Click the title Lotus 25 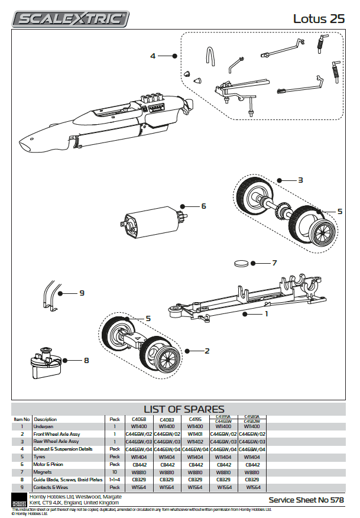(x=319, y=18)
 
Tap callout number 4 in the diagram (x=153, y=56)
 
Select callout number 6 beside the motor (x=203, y=206)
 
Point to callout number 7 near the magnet (x=274, y=263)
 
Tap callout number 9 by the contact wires (x=82, y=293)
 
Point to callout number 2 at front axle (x=207, y=351)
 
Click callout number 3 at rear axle (x=300, y=180)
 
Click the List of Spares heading (x=184, y=409)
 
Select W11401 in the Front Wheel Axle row (x=194, y=434)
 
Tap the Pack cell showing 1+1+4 (x=114, y=480)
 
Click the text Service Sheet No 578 (x=306, y=500)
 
